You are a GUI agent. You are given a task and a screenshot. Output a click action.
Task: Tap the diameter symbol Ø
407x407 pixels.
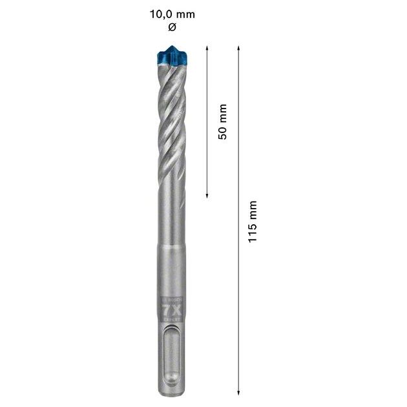point(171,27)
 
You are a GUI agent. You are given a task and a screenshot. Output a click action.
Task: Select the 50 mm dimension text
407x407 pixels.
point(222,121)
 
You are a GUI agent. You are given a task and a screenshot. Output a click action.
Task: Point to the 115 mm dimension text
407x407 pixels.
point(253,220)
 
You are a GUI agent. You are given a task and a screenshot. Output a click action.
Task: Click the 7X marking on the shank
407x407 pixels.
point(171,309)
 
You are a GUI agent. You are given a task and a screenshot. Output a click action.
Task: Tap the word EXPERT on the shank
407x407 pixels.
point(171,318)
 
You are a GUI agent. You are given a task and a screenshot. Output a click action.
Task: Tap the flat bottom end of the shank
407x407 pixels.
point(171,391)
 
